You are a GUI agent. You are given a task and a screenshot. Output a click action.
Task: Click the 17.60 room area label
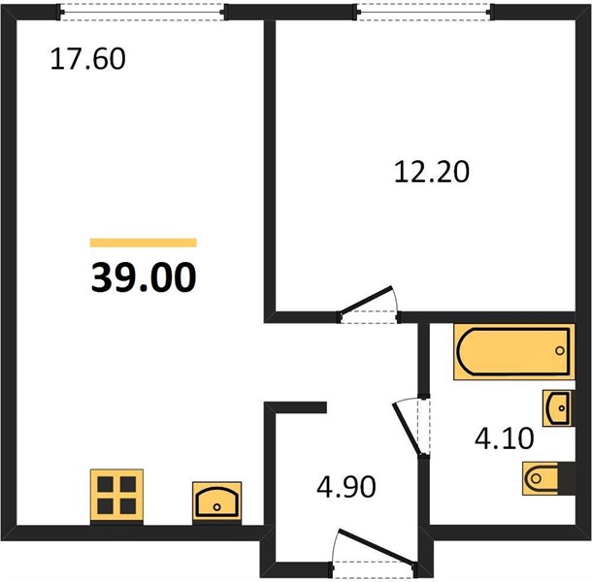click(x=87, y=59)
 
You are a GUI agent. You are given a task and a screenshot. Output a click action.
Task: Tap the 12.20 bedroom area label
click(x=432, y=172)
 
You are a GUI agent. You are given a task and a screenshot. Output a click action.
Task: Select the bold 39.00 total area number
click(x=144, y=277)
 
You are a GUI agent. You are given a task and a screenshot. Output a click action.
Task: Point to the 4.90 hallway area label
click(x=346, y=487)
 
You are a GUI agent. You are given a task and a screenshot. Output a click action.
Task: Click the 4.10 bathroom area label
click(x=505, y=438)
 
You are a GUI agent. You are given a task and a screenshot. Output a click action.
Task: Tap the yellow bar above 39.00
click(x=143, y=242)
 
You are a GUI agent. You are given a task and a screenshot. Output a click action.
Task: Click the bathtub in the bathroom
click(x=513, y=351)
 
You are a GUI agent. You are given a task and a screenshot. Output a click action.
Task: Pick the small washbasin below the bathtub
click(x=557, y=408)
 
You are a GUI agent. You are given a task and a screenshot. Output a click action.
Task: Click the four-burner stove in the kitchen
click(x=116, y=496)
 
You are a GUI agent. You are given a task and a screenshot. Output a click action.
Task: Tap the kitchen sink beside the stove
click(x=216, y=502)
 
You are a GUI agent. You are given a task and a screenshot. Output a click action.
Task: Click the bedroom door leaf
click(x=366, y=300)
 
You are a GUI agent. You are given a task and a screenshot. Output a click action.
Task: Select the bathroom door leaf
click(x=407, y=430)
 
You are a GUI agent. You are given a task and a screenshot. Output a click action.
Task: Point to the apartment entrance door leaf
click(x=376, y=546)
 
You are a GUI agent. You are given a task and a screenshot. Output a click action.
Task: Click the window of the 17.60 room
click(x=143, y=12)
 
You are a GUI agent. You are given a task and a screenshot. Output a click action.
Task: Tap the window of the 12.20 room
click(x=423, y=12)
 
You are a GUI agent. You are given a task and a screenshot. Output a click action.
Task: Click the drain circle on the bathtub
click(x=560, y=350)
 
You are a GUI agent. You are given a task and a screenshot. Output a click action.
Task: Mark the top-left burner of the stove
click(x=106, y=484)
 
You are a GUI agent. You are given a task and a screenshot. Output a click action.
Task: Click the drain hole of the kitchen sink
click(x=216, y=507)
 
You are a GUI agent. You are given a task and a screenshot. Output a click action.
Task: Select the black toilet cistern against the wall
click(x=567, y=478)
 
